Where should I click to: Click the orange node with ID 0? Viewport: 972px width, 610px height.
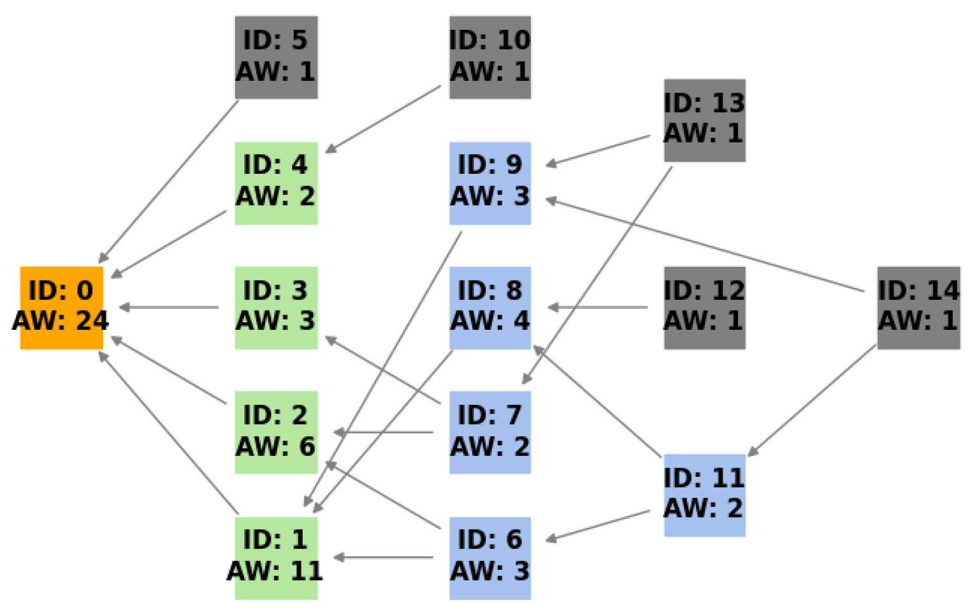pos(62,308)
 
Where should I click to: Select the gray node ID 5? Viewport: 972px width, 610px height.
pos(276,57)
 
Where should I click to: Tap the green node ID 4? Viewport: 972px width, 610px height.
pos(276,183)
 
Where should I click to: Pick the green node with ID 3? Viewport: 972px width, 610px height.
pos(276,308)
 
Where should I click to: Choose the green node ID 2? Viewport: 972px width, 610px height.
pos(276,432)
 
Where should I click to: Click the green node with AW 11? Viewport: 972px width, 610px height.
pos(276,558)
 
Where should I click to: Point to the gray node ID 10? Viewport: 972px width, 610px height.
pos(490,57)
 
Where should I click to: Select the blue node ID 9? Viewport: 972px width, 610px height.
pos(490,183)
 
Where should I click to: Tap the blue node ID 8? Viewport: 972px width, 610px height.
pos(490,308)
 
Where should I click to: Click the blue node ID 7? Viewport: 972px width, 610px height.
pos(490,432)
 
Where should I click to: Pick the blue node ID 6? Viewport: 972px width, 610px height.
pos(490,558)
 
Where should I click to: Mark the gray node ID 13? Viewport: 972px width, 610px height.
pos(704,120)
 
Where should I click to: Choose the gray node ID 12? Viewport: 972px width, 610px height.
pos(704,308)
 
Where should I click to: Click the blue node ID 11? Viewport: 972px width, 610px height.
pos(704,495)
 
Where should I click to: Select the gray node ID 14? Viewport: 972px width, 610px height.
pos(918,308)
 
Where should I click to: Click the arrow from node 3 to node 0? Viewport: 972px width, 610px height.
pos(169,308)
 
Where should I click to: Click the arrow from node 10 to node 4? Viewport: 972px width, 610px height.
pos(383,119)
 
